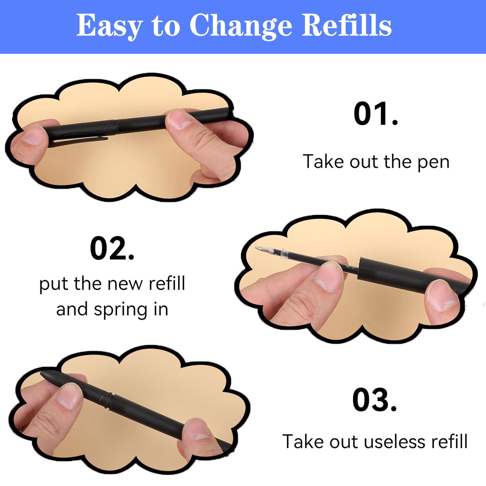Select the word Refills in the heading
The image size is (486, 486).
coord(347,25)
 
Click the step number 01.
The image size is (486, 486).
coord(376,114)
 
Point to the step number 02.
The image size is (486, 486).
coord(112,249)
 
